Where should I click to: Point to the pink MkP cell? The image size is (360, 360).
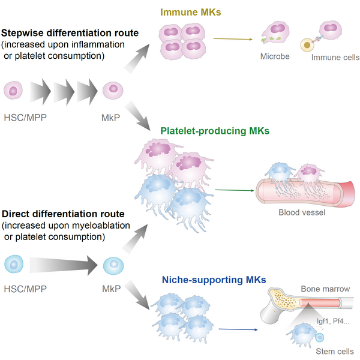coord(112,90)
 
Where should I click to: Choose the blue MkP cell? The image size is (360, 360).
coord(112,264)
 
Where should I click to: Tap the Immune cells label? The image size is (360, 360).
coord(335,58)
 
